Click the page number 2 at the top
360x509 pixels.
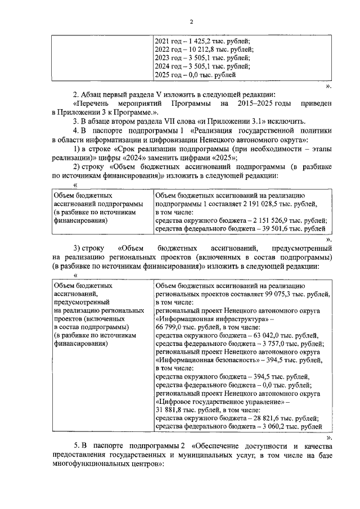tap(191, 22)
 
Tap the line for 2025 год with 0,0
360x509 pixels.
tap(195, 75)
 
